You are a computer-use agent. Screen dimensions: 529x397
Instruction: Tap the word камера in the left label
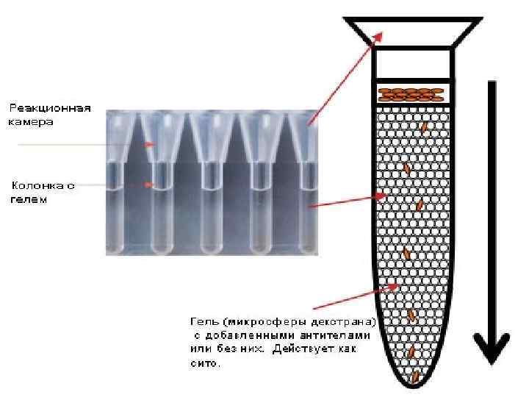click(30, 122)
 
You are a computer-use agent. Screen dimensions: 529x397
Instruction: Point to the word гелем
click(28, 199)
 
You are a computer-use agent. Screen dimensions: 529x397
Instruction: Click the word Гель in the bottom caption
click(203, 322)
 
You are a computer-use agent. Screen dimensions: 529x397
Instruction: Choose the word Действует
click(302, 349)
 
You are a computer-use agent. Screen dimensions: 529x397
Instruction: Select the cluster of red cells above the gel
click(411, 94)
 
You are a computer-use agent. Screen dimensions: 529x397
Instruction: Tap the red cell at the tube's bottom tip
click(415, 376)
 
